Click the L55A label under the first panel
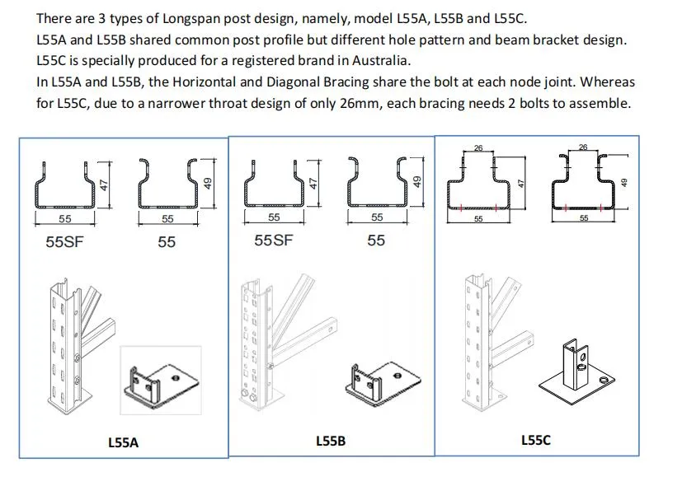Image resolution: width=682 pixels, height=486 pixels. (124, 442)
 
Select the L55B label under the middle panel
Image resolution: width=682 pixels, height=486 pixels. (331, 442)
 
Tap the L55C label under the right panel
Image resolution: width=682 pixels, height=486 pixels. (536, 441)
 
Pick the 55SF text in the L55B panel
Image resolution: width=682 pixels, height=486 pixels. (274, 241)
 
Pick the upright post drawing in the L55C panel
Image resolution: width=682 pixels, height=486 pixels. (476, 342)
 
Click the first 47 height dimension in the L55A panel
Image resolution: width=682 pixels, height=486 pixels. (105, 185)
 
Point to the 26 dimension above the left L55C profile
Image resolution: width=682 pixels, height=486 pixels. (478, 149)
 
